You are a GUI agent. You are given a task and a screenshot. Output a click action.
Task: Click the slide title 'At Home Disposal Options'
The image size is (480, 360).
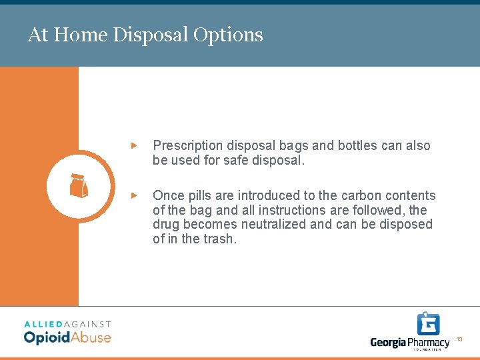click(x=145, y=35)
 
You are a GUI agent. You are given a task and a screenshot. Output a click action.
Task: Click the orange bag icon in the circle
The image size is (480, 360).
click(x=79, y=186)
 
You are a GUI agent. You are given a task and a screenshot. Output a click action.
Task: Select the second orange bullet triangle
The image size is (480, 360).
click(x=134, y=195)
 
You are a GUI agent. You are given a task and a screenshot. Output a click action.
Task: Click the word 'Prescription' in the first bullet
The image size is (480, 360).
click(x=188, y=145)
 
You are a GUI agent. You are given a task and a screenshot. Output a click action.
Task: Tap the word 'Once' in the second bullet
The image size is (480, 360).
click(x=168, y=195)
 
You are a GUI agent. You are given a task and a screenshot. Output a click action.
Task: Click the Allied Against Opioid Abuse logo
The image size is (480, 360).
click(x=67, y=331)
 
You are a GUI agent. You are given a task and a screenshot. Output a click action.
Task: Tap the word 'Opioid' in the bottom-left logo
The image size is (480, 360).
click(x=47, y=337)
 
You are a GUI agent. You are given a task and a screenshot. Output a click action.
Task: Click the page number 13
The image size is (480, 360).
click(x=459, y=340)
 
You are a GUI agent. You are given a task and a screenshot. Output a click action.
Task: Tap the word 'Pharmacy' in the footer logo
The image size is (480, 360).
click(x=429, y=343)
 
